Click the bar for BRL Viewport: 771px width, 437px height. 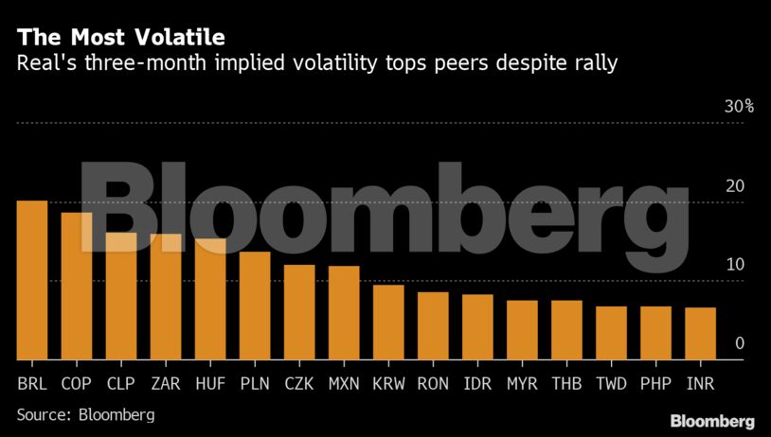coord(32,280)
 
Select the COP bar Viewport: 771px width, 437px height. coord(77,286)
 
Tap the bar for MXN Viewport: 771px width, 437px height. coord(344,313)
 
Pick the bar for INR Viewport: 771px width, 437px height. coord(700,333)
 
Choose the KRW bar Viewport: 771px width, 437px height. coord(388,323)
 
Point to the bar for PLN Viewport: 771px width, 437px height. coord(255,306)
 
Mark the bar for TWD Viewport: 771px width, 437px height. coord(611,333)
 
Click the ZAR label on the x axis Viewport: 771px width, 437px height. coord(166,384)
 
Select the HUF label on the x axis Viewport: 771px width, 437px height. coord(210,384)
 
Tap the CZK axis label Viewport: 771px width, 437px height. coord(299,384)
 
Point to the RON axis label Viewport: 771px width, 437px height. coord(433,384)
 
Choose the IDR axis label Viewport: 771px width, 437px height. coord(477,384)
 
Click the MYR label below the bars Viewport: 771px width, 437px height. coord(522,384)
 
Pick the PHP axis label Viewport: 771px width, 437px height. coord(655,384)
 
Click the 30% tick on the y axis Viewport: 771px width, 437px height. coord(739,107)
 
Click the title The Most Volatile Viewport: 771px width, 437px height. coord(120,38)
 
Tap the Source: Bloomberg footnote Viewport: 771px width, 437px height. coord(85,414)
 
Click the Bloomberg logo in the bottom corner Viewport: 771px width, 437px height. coord(711,420)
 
